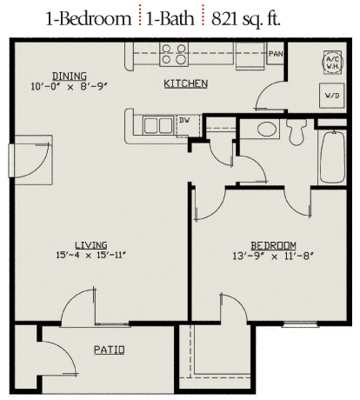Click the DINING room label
[70, 77]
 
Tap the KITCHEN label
[186, 83]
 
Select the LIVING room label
[91, 245]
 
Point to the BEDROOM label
[273, 246]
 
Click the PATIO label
[110, 350]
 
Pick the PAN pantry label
[276, 54]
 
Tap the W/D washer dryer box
[332, 96]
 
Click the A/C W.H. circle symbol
[333, 62]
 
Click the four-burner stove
[174, 54]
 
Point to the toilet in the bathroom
[297, 131]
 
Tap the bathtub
[332, 157]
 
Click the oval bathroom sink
[267, 129]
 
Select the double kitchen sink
[158, 125]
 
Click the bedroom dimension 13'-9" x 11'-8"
[273, 257]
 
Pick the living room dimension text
[91, 256]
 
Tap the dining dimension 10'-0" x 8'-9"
[70, 86]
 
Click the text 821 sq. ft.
[246, 19]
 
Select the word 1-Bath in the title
[170, 18]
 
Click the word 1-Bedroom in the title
[89, 18]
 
